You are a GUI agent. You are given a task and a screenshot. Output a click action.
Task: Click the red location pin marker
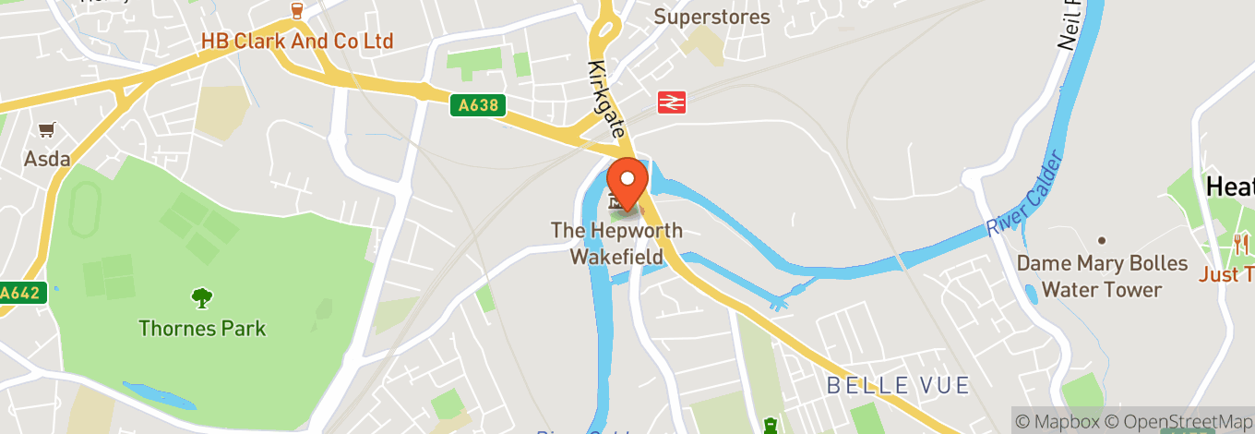(628, 181)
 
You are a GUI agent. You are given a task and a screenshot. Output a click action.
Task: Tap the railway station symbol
(671, 102)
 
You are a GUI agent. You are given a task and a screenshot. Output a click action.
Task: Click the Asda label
(47, 159)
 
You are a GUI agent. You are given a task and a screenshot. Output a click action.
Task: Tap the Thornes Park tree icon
(201, 298)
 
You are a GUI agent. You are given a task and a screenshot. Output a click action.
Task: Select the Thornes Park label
(202, 328)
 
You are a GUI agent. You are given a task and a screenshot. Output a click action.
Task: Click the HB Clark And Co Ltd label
(297, 42)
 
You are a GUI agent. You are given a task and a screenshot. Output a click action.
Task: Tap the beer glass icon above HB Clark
(297, 11)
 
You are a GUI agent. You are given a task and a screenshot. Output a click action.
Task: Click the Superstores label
(711, 17)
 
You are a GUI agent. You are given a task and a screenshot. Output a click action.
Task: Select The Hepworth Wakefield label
(616, 244)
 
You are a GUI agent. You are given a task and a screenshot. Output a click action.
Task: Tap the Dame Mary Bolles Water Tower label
(1102, 276)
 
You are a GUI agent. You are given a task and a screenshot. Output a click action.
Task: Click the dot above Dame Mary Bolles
(1102, 238)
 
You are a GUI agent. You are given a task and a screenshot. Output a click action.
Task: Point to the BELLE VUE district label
(897, 385)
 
